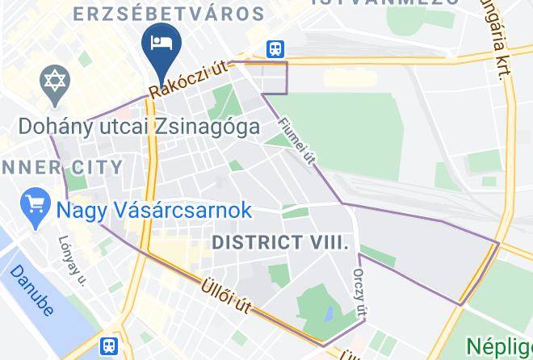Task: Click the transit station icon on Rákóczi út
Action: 275,49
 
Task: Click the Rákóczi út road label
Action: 195,75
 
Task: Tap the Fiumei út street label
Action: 296,143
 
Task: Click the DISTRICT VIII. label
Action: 280,241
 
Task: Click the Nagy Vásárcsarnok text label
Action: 153,211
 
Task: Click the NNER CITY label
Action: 61,168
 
